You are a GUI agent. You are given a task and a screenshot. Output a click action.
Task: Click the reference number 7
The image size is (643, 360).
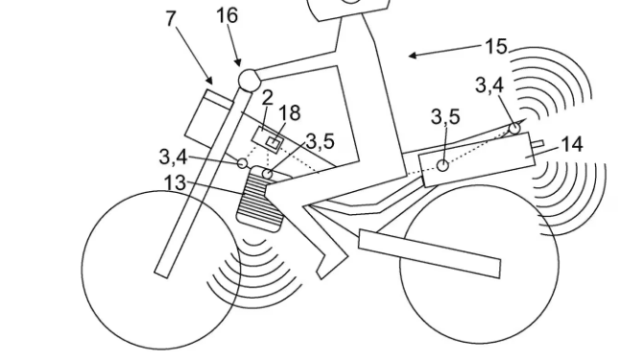173,18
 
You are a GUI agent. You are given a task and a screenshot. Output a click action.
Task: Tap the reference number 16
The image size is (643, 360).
226,16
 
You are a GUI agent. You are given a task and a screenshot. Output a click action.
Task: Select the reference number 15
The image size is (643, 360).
496,46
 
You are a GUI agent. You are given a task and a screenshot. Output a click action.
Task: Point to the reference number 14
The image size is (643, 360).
572,144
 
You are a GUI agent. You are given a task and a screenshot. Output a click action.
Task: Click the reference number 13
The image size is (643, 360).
175,182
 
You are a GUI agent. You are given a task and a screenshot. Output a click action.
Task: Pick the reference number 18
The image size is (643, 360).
289,114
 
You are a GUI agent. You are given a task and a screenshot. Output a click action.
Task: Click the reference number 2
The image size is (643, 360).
268,97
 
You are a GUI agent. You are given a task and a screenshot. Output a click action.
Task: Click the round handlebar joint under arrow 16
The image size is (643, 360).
249,79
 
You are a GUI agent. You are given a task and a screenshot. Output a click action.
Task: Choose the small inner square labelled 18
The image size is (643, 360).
273,145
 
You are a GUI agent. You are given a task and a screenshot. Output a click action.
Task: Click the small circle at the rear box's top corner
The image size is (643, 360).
515,127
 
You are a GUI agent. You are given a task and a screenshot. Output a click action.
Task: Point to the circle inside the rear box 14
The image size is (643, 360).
442,165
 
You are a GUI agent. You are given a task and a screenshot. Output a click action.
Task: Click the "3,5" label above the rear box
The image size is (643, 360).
445,117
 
